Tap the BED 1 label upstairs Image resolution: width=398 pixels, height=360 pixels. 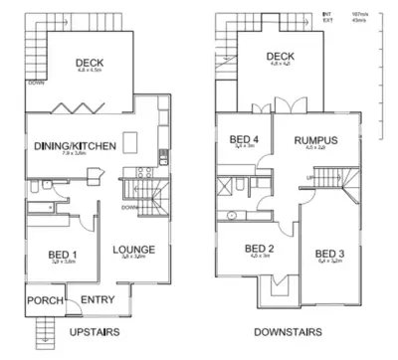[x=64, y=257]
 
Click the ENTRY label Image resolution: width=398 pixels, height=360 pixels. [x=97, y=299]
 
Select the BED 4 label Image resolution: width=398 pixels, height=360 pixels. [x=244, y=140]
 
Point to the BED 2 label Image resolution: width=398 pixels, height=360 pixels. [x=259, y=249]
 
